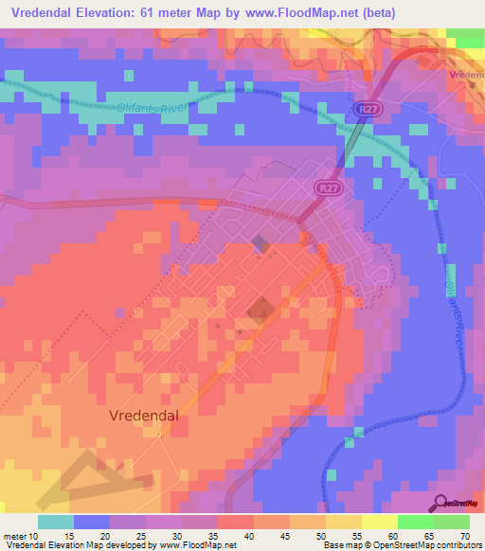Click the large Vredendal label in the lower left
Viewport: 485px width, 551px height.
tap(144, 415)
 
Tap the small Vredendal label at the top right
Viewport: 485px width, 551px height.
tap(467, 74)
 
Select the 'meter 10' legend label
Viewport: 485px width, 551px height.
tap(21, 535)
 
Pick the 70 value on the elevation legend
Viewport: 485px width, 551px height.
tap(464, 535)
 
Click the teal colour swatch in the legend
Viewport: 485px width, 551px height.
tap(55, 522)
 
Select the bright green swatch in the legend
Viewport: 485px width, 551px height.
tap(415, 522)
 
